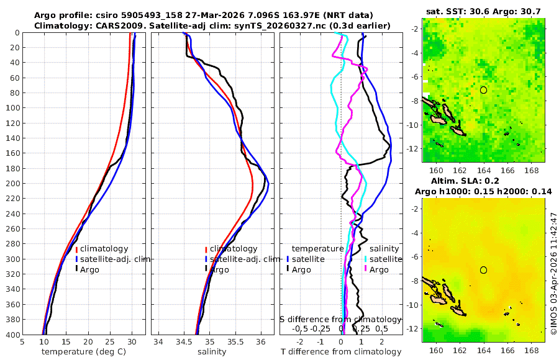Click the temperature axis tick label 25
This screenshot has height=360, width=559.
110,341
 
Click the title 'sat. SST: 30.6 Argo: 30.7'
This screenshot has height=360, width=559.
483,11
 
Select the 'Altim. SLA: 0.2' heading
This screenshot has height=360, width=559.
483,180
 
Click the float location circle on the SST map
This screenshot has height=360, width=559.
483,90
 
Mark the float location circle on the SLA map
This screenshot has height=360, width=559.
483,270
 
